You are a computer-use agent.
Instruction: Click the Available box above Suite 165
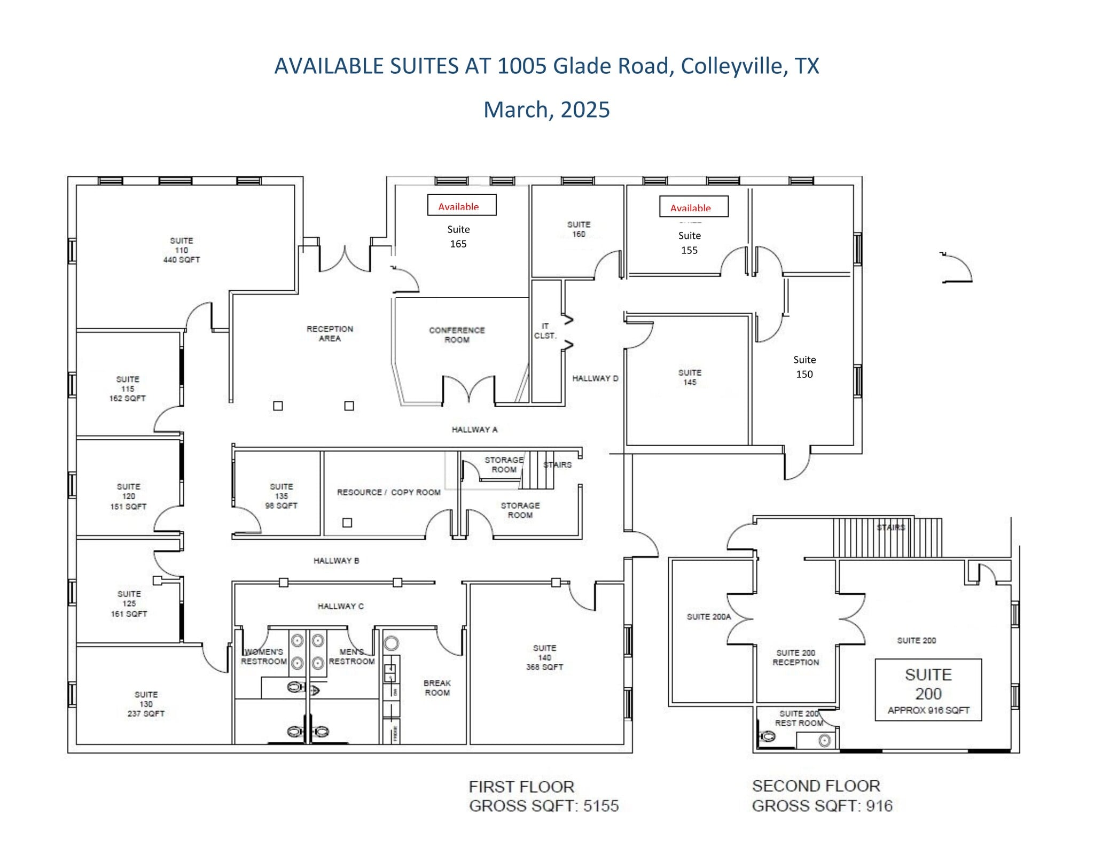(462, 205)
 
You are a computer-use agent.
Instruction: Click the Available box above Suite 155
(693, 206)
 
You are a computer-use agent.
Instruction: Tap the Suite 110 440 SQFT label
(182, 250)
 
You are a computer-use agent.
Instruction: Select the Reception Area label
(330, 333)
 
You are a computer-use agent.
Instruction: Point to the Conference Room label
(457, 335)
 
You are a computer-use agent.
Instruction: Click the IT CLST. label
(545, 331)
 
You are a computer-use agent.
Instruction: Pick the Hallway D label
(595, 378)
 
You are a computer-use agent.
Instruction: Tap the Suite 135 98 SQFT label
(282, 496)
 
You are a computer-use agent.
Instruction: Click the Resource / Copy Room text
(388, 492)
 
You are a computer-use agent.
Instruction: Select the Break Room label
(437, 688)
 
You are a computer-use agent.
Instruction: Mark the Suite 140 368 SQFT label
(544, 657)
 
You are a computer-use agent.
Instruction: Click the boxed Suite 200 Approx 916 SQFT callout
(928, 690)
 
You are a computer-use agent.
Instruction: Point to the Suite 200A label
(708, 617)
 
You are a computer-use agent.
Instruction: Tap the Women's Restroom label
(263, 657)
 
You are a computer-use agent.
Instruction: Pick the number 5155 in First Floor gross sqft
(601, 806)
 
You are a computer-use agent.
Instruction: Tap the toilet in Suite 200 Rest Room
(767, 737)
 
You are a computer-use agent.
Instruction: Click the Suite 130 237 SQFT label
(146, 704)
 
